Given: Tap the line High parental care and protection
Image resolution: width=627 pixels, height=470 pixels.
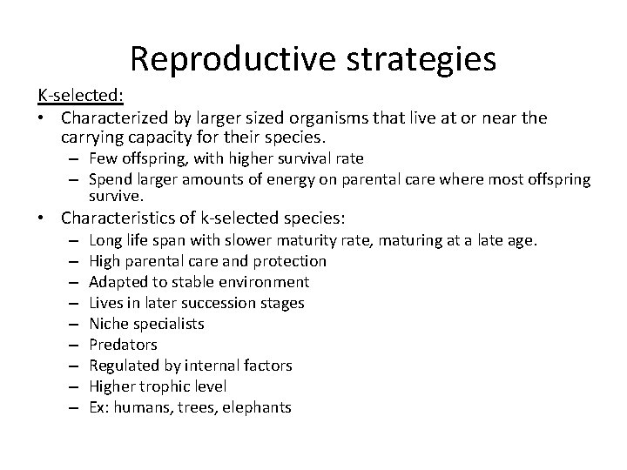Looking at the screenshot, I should click(x=207, y=261).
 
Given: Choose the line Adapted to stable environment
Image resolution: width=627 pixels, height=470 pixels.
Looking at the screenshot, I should click(x=199, y=282).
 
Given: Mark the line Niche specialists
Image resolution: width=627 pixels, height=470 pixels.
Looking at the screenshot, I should click(x=146, y=324).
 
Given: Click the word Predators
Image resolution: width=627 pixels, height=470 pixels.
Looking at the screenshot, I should click(x=123, y=345).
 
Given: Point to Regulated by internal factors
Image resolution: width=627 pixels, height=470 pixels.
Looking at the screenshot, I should click(x=190, y=366).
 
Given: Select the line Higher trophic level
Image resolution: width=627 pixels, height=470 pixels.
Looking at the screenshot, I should click(x=158, y=386).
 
